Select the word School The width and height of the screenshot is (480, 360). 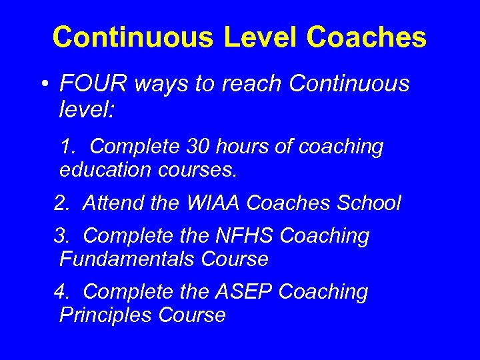click(x=370, y=203)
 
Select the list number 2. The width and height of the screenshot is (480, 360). click(x=61, y=203)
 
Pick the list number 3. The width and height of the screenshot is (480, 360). click(x=61, y=235)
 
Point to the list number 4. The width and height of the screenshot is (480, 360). click(x=61, y=291)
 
